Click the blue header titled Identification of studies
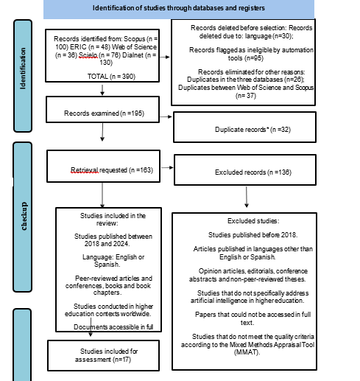point(179,9)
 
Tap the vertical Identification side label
point(23,69)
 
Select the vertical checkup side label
point(24,216)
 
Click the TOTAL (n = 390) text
point(111,77)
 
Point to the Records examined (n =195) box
point(102,109)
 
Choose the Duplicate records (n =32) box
point(244,127)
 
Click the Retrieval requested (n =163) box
point(103,166)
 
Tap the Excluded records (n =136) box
point(245,169)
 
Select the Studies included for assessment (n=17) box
point(103,355)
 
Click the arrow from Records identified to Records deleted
point(164,57)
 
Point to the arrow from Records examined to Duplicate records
point(166,116)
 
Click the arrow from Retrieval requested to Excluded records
point(167,167)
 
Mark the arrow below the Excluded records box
point(247,197)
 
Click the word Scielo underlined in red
point(88,55)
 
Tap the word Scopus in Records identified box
point(135,39)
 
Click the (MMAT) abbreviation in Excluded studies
point(247,352)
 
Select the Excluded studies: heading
point(253,221)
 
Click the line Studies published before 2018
point(253,235)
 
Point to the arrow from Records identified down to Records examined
point(102,90)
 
